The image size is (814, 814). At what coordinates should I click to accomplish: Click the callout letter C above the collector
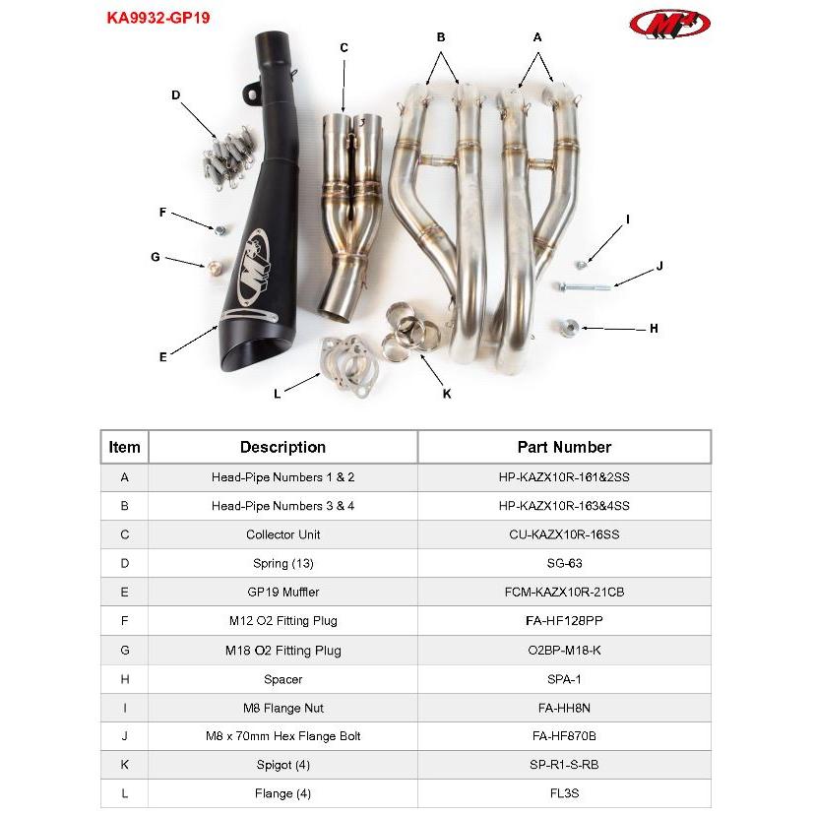tap(344, 47)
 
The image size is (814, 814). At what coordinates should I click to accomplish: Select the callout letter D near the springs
tap(175, 95)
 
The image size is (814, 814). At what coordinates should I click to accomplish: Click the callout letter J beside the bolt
tap(659, 266)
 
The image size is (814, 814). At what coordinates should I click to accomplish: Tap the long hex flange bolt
tap(587, 285)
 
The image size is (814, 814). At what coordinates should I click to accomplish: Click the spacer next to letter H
tap(568, 328)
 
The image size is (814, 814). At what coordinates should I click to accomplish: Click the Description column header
tap(282, 447)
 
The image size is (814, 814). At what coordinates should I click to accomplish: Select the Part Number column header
tap(564, 447)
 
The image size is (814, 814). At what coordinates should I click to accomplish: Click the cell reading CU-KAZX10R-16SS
tap(564, 534)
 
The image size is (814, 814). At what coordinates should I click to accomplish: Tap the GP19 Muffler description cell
tap(282, 592)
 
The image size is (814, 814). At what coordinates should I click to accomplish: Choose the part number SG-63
tap(564, 563)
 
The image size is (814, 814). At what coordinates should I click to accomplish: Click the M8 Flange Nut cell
tap(282, 707)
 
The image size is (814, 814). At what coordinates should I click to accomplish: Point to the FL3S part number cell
tap(564, 793)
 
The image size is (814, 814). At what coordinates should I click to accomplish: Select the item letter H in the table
tap(124, 678)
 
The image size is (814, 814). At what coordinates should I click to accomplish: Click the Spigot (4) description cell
tap(282, 765)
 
